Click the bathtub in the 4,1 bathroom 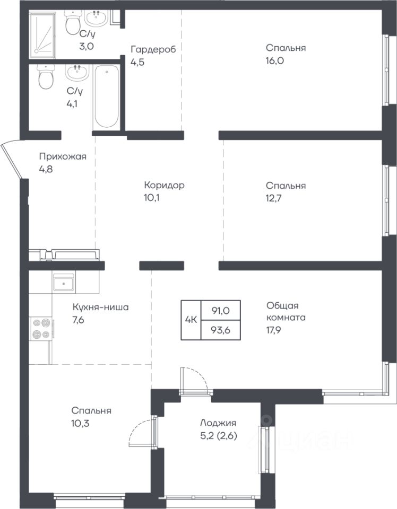(x=107, y=96)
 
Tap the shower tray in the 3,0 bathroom (x=42, y=35)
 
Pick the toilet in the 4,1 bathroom (x=46, y=76)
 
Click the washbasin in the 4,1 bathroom (x=77, y=73)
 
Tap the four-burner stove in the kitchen (x=41, y=329)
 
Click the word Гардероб (x=153, y=50)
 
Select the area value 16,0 (x=275, y=60)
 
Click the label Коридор (x=165, y=186)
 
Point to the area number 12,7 (x=274, y=198)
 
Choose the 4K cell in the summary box (x=191, y=320)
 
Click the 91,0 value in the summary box (x=221, y=311)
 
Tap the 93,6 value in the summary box (x=221, y=330)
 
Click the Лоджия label (x=218, y=423)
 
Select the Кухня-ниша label (x=100, y=307)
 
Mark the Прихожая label (x=63, y=157)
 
